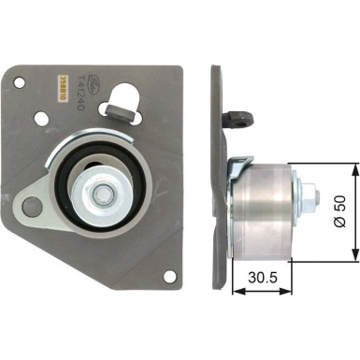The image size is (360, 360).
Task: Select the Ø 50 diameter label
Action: click(341, 213)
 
